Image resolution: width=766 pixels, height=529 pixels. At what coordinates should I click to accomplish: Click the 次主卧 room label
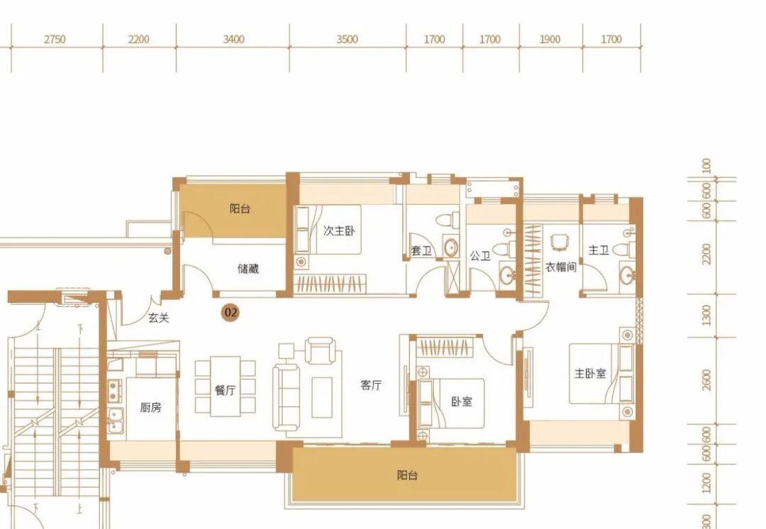339,230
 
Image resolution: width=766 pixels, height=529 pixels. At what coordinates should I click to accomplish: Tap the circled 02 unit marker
230,312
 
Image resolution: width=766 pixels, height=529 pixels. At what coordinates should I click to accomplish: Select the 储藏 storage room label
248,269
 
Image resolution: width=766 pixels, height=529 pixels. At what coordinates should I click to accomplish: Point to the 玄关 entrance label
159,318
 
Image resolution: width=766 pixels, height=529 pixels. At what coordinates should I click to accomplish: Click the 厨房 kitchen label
150,407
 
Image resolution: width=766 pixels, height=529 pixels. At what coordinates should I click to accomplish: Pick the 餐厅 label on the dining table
226,390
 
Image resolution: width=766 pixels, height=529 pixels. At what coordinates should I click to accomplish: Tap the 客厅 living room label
371,385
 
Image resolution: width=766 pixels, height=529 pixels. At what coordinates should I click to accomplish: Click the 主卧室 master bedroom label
590,374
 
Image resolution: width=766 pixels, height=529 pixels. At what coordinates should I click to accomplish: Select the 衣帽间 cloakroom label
561,267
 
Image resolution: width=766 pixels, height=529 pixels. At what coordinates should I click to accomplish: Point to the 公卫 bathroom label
479,255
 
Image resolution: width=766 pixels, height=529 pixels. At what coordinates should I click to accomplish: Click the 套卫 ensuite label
421,251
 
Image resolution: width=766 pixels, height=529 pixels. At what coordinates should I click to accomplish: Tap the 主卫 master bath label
599,250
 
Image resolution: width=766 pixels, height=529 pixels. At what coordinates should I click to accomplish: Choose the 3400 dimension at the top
233,39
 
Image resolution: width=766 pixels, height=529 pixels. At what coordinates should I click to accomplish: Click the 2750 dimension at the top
55,39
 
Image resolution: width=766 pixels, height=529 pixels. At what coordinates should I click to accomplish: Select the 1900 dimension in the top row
550,39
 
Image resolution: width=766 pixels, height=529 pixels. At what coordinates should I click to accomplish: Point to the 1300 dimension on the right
706,316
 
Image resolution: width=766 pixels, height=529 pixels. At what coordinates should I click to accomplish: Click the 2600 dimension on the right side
706,380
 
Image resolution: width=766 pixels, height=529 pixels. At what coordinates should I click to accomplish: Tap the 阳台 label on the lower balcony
407,475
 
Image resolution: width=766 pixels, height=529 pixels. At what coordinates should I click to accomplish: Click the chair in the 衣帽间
560,243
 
